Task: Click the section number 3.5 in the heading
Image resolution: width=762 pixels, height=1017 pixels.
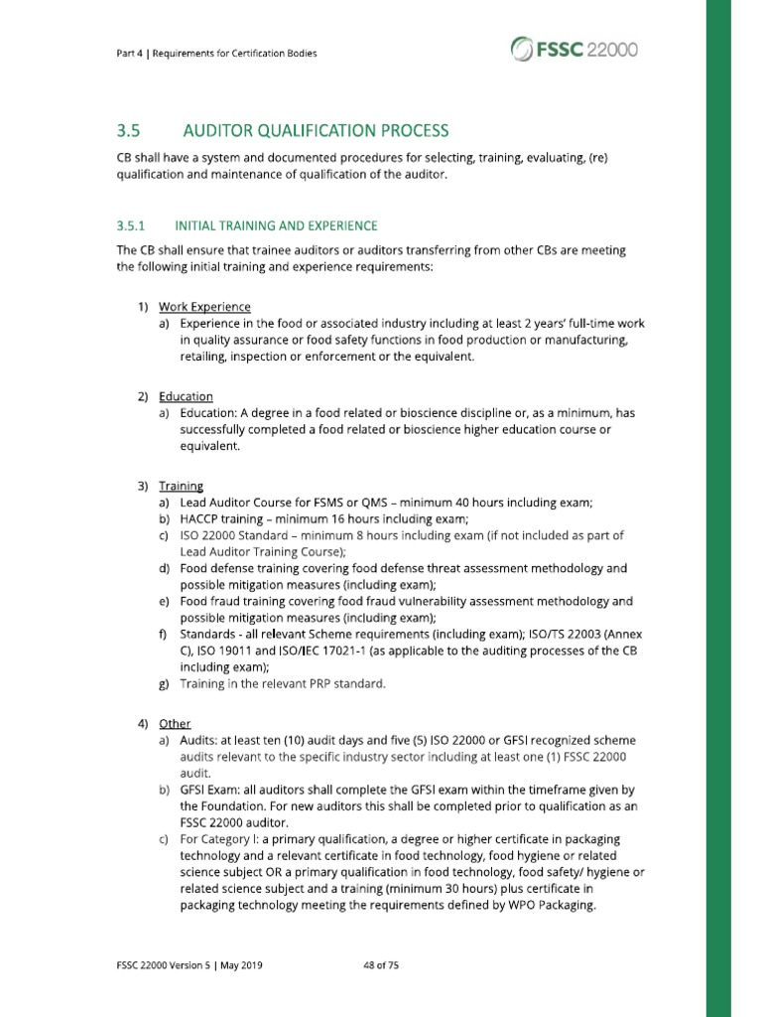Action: pyautogui.click(x=130, y=130)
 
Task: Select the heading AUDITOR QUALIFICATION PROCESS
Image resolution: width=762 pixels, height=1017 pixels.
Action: pyautogui.click(x=316, y=130)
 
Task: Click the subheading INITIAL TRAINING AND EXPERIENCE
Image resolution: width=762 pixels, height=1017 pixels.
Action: pyautogui.click(x=276, y=225)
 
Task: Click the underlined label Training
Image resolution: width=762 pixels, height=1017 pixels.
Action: pyautogui.click(x=181, y=487)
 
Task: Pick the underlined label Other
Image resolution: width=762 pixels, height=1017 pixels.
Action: pyautogui.click(x=175, y=723)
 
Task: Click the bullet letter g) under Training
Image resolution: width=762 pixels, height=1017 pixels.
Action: pyautogui.click(x=164, y=684)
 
